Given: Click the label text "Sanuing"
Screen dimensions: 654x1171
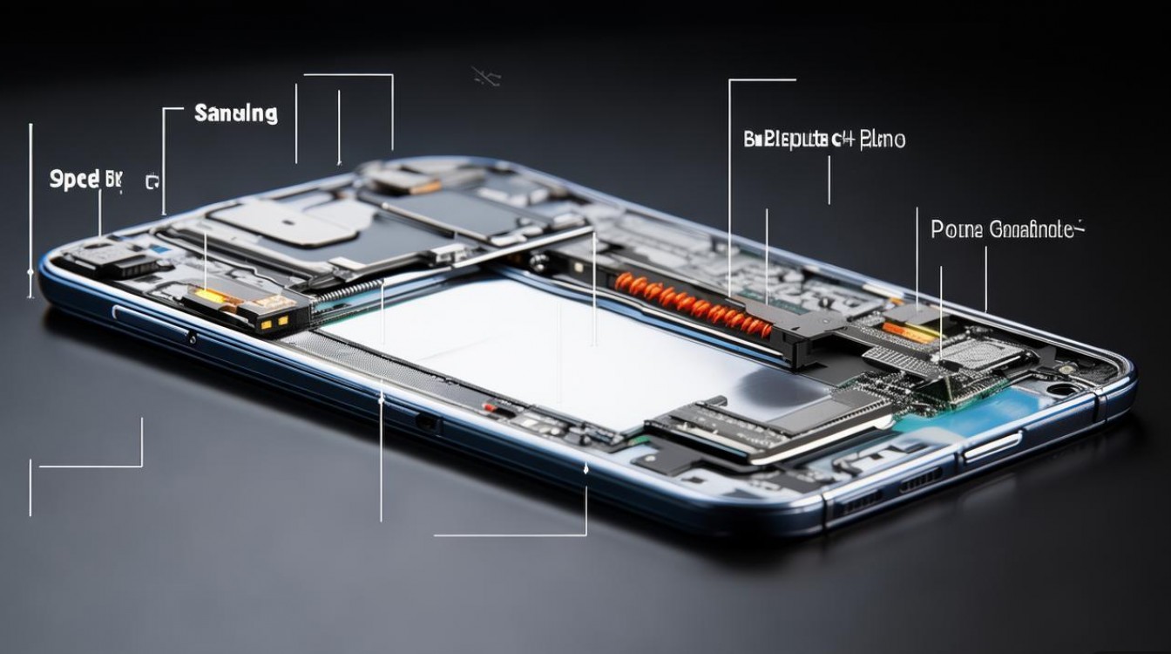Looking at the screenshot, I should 235,113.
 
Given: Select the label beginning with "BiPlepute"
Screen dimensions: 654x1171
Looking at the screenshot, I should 824,139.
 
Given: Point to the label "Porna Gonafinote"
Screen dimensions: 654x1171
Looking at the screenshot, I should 1007,230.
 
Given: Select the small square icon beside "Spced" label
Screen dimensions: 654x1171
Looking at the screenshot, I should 152,182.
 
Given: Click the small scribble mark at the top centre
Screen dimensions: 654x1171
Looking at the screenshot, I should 485,77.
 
